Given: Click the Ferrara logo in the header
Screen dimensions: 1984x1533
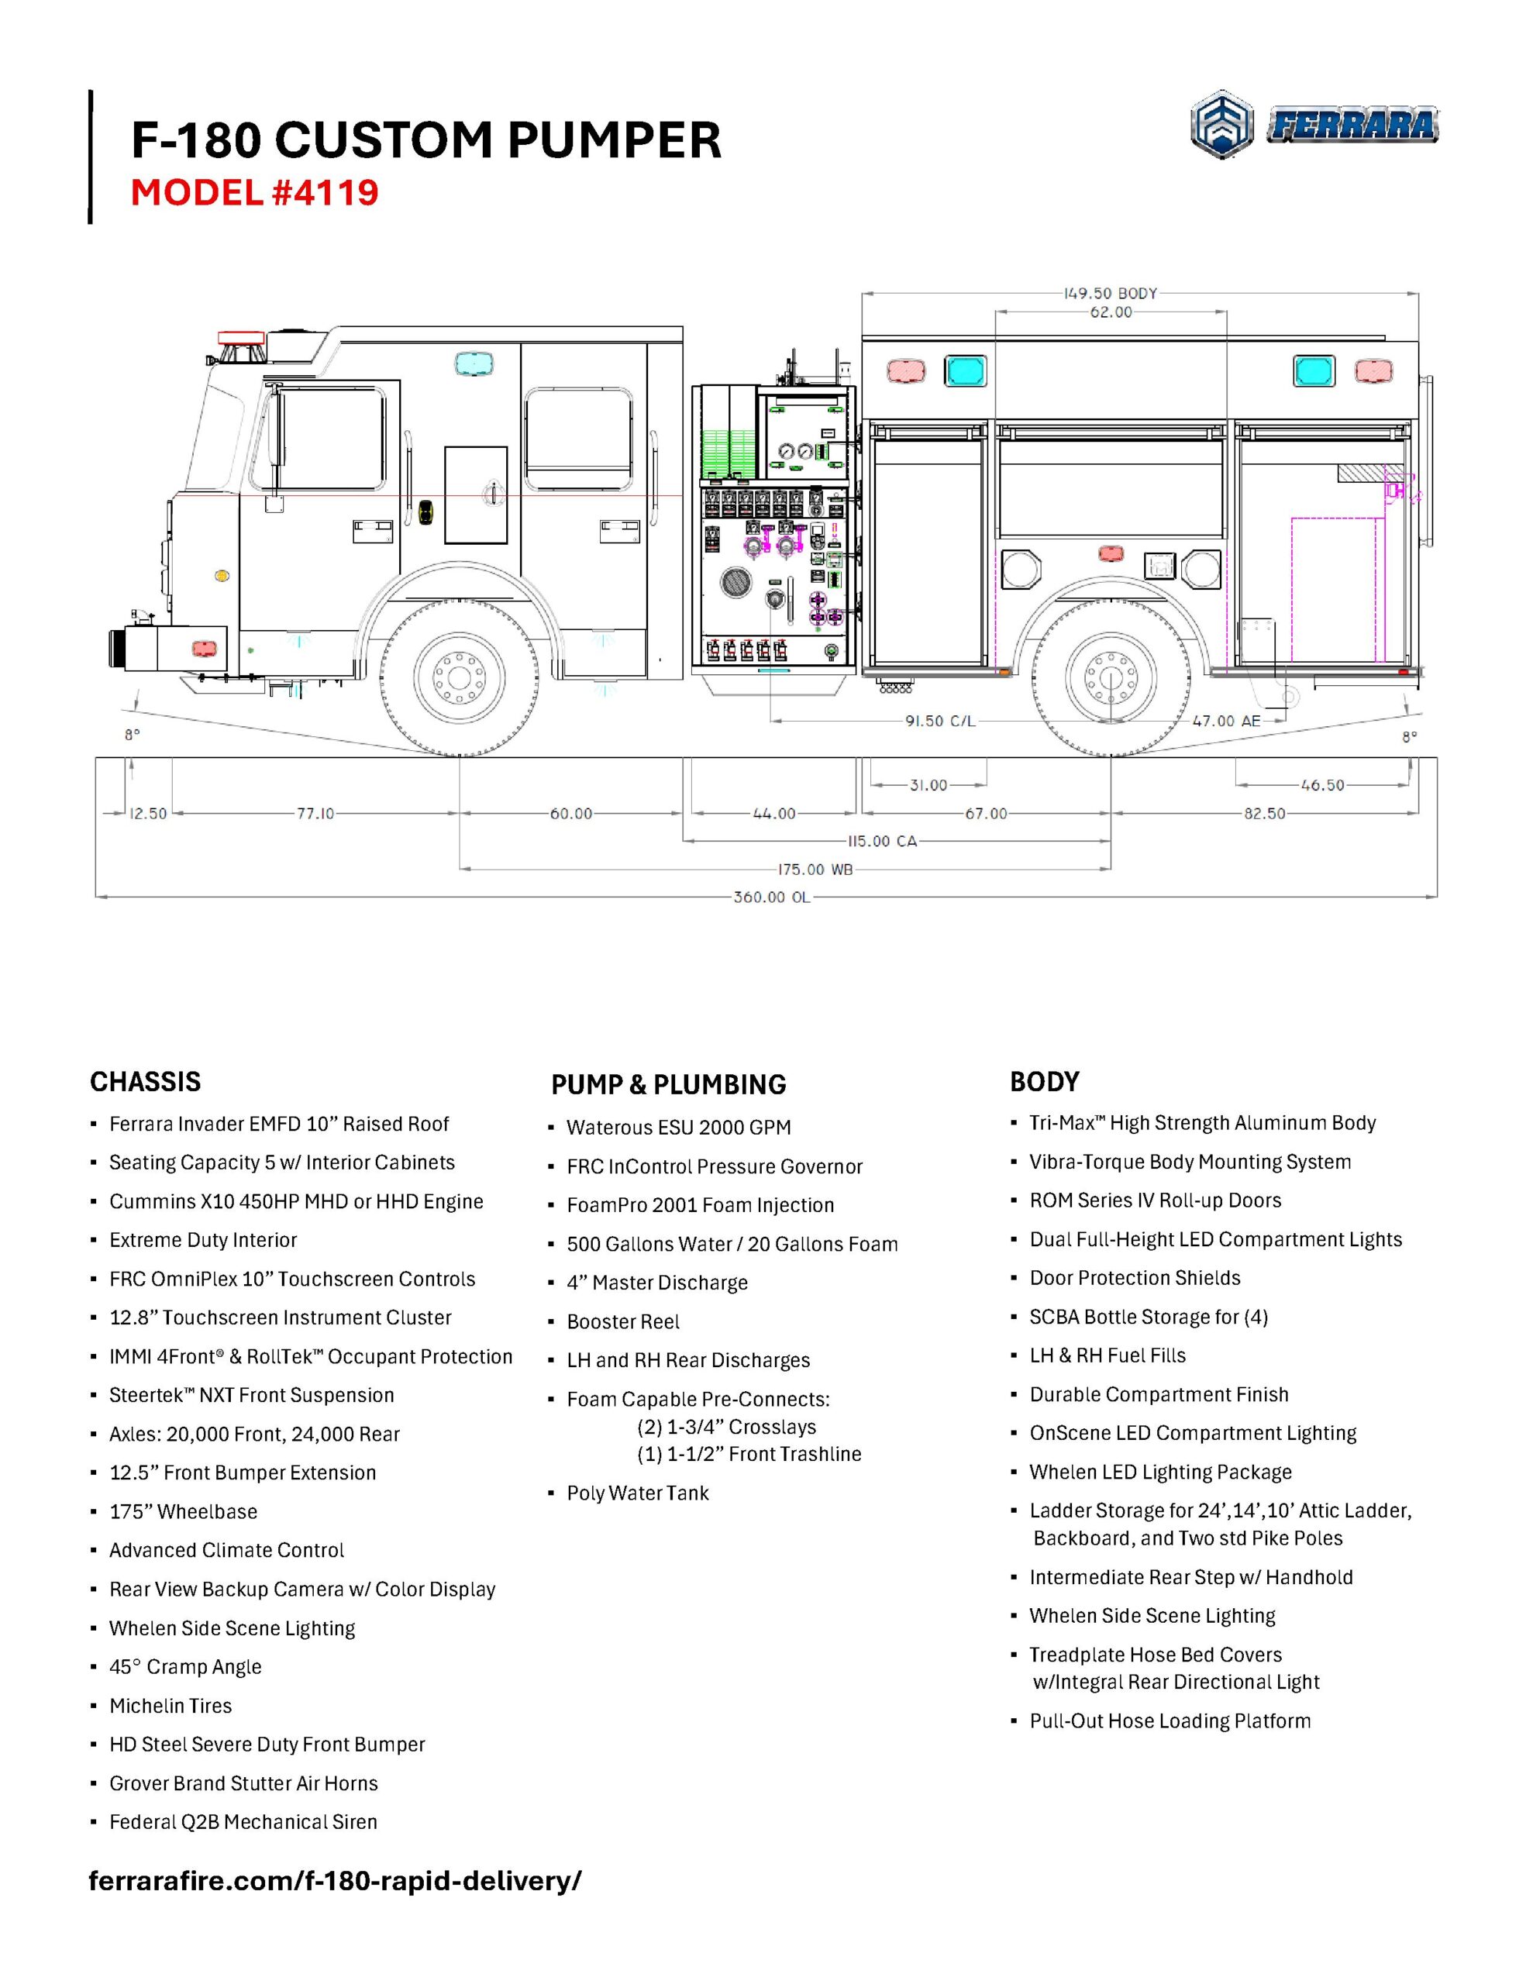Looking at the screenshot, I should (x=1314, y=126).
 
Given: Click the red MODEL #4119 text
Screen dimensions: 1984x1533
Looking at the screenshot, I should (x=254, y=192).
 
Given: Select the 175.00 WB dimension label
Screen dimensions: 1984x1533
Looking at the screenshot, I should (x=815, y=870).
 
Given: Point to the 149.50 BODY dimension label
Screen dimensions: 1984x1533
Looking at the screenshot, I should (x=1111, y=294).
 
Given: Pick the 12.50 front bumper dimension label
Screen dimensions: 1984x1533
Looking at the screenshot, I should (x=148, y=813).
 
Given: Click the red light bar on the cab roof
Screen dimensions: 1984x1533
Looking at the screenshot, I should (x=242, y=337).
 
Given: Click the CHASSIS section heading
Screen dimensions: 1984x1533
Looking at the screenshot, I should (x=146, y=1081).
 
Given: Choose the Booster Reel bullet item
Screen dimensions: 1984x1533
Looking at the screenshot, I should (x=622, y=1321).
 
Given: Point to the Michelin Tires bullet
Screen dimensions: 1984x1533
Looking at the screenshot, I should (x=170, y=1706).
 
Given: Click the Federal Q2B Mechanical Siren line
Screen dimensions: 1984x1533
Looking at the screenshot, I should (x=243, y=1822).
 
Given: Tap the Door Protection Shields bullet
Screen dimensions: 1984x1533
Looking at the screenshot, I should (x=1134, y=1278).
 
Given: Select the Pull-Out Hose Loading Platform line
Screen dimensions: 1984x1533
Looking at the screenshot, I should (x=1170, y=1721).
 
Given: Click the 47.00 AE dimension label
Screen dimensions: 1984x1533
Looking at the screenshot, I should (x=1226, y=721).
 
